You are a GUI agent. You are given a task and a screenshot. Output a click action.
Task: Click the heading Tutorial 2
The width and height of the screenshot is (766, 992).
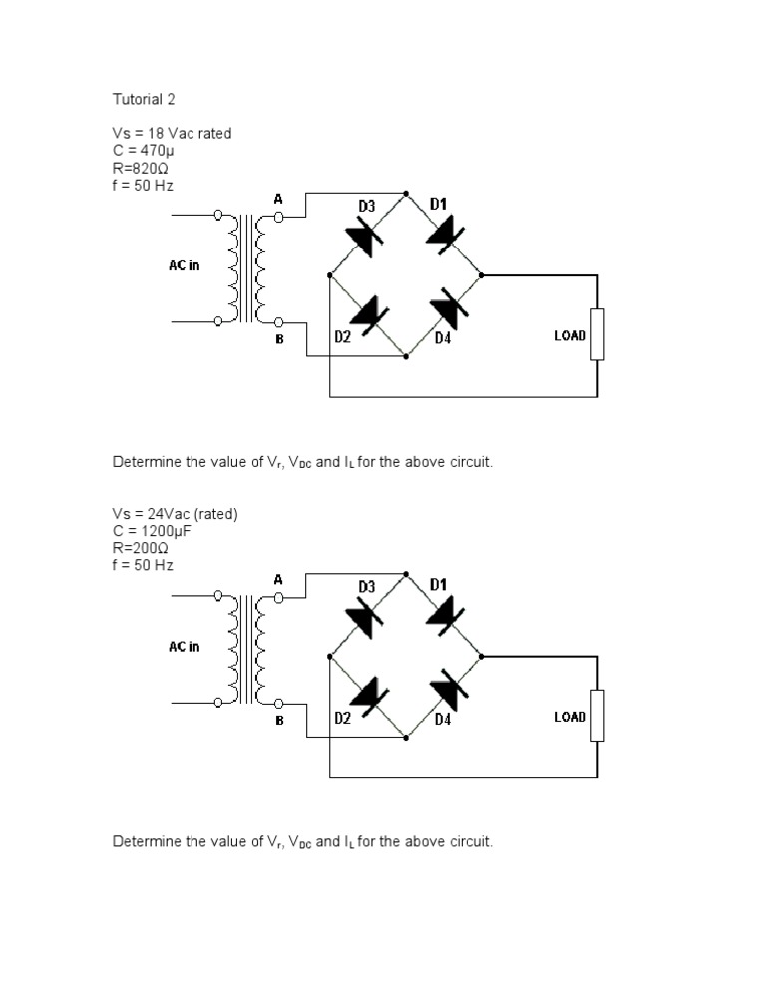pyautogui.click(x=144, y=100)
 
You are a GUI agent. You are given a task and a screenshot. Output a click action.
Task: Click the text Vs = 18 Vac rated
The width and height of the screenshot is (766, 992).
pyautogui.click(x=172, y=134)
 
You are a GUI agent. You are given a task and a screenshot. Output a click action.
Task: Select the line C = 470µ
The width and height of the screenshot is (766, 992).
pyautogui.click(x=145, y=151)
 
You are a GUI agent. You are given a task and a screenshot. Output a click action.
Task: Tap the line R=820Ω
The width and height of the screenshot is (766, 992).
pyautogui.click(x=141, y=169)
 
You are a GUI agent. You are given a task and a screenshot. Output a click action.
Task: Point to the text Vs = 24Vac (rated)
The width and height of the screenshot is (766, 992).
pyautogui.click(x=176, y=514)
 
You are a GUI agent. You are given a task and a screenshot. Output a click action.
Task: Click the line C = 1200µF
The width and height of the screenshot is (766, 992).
pyautogui.click(x=152, y=531)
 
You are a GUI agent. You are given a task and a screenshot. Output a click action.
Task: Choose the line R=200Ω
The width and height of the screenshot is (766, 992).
pyautogui.click(x=141, y=548)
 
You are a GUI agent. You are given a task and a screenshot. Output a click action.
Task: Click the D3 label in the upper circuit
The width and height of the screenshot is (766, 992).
pyautogui.click(x=367, y=206)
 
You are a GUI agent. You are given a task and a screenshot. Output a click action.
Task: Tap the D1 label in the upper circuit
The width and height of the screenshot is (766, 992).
pyautogui.click(x=439, y=204)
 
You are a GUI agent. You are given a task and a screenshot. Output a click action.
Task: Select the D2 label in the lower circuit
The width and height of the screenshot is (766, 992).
pyautogui.click(x=342, y=717)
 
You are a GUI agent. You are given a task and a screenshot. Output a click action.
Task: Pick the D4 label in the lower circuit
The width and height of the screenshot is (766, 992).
pyautogui.click(x=443, y=718)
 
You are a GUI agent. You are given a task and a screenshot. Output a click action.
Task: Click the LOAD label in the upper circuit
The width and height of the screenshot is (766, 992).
pyautogui.click(x=570, y=336)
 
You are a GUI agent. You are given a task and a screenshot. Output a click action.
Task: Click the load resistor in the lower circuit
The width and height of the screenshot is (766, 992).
pyautogui.click(x=597, y=715)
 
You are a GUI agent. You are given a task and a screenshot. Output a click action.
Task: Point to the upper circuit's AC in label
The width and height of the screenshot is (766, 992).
pyautogui.click(x=184, y=266)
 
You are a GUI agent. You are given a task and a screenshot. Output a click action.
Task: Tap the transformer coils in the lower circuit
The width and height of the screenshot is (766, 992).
pyautogui.click(x=249, y=650)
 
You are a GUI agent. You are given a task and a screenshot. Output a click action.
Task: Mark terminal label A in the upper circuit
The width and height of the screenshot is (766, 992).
pyautogui.click(x=279, y=200)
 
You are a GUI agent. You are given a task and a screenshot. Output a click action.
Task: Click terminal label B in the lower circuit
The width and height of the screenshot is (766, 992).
pyautogui.click(x=279, y=719)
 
